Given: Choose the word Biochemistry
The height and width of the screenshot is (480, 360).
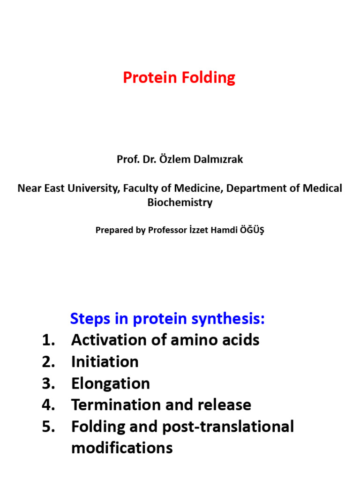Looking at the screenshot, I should (x=180, y=202).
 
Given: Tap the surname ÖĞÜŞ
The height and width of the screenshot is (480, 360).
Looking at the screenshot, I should (x=251, y=230).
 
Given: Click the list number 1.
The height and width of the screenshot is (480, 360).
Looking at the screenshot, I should (x=48, y=340).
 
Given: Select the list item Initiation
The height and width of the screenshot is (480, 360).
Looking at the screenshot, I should (x=105, y=362).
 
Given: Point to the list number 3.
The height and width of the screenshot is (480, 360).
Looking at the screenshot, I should (x=48, y=383).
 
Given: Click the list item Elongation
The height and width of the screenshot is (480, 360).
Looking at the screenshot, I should (x=110, y=383).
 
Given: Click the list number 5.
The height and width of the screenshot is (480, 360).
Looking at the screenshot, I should (x=48, y=427).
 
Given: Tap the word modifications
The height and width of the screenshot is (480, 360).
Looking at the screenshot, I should (x=122, y=448).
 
